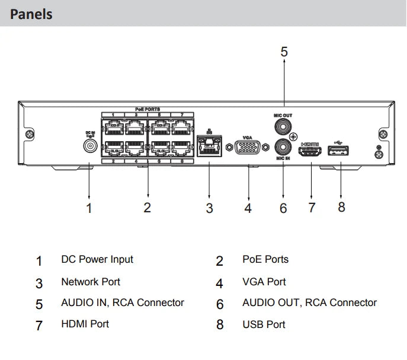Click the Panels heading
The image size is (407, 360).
(x=31, y=14)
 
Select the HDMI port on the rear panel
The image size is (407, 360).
(x=311, y=153)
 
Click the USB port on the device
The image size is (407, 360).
(x=339, y=153)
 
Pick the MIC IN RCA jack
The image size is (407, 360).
(x=283, y=146)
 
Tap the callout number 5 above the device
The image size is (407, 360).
(x=284, y=52)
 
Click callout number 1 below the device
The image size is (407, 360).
(x=89, y=208)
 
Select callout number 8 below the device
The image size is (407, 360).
(x=341, y=207)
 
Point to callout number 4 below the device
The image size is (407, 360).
(x=248, y=208)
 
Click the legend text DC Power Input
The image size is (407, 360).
(x=97, y=259)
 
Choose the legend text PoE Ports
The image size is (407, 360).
(x=265, y=259)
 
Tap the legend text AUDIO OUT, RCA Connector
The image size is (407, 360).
(x=309, y=302)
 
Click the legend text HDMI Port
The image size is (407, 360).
(x=85, y=324)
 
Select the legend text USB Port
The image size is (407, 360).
(x=264, y=324)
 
